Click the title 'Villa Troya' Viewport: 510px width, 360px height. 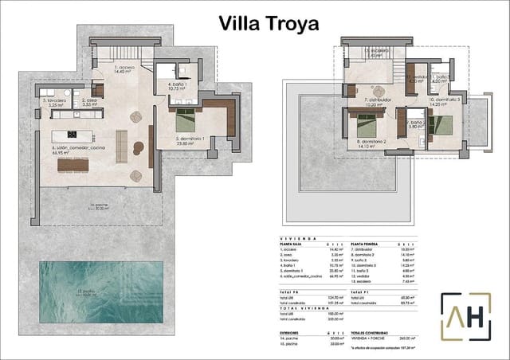[x=269, y=23]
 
